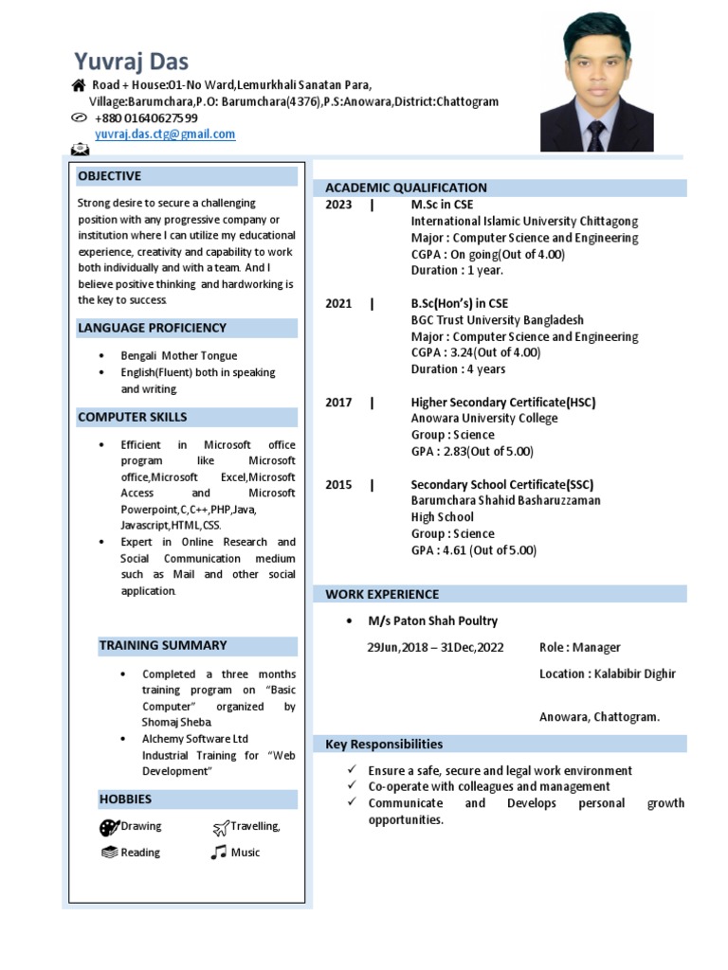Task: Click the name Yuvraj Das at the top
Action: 131,62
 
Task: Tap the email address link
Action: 165,135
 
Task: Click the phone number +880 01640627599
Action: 146,117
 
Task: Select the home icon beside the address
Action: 79,85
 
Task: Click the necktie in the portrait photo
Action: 595,135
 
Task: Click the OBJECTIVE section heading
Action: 109,176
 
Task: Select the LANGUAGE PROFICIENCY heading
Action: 152,328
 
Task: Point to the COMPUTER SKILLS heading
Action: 132,417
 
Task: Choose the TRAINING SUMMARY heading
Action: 163,645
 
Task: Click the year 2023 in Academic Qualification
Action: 338,205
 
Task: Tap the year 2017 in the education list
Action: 338,403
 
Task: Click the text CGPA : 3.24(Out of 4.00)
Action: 476,352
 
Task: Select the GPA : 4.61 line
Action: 473,550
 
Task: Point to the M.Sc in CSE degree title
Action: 442,205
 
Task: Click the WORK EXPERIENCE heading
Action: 382,595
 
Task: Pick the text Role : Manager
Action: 579,648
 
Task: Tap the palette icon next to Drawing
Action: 109,827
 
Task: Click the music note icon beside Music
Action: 219,853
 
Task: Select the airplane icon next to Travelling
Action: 221,827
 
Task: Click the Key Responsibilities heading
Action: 384,744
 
